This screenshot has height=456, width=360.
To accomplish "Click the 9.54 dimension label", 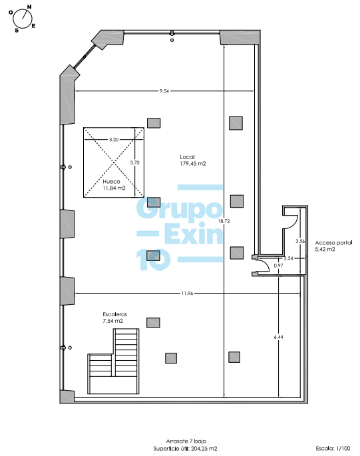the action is (x=164, y=91).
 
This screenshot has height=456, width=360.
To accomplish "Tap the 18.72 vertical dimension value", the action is (x=224, y=221).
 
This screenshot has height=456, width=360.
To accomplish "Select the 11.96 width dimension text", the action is (x=187, y=293).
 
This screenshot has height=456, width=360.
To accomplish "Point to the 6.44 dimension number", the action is (x=278, y=337).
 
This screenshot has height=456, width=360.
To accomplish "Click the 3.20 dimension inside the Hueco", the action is (x=114, y=140).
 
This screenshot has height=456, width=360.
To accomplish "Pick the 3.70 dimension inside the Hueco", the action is (x=134, y=162).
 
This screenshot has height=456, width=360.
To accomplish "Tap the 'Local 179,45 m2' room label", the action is (x=193, y=160).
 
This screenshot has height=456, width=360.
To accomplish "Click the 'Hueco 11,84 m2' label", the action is (x=114, y=184).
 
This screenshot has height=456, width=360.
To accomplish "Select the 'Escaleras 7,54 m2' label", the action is (x=115, y=318).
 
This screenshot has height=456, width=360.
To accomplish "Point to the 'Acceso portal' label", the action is (x=333, y=242).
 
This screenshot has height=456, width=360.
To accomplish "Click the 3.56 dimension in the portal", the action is (x=300, y=241).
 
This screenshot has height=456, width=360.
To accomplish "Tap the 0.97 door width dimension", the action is (x=278, y=266).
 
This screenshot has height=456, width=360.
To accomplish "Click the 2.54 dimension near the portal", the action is (x=288, y=258).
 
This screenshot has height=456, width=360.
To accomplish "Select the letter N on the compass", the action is (x=29, y=7).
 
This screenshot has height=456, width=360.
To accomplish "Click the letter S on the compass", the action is (x=17, y=30).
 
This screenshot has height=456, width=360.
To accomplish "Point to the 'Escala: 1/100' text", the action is (x=333, y=449).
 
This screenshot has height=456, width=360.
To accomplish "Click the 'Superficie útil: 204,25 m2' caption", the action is (x=185, y=449).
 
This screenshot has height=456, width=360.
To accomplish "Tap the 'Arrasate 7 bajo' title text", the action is (x=186, y=441).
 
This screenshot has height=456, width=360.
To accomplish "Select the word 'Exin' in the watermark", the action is (x=194, y=233).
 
